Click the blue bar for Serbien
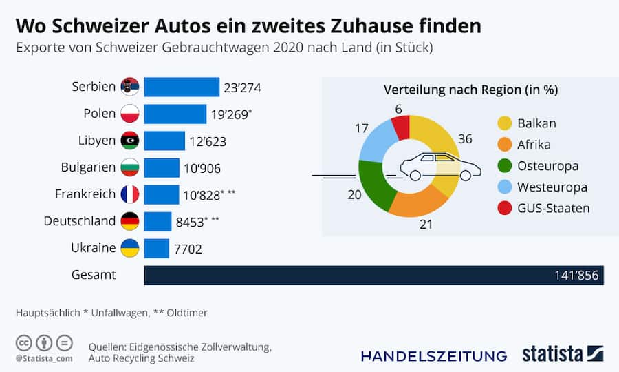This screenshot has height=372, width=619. [182, 87]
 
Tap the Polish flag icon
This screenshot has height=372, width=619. [130, 114]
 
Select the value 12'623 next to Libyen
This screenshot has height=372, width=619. [208, 141]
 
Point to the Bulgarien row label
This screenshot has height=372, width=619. [89, 167]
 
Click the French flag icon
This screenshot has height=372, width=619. [130, 194]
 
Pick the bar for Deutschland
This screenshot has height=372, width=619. [158, 221]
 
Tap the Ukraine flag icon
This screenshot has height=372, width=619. [130, 248]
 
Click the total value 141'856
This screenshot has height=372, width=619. [577, 276]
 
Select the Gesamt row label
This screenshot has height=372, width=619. [94, 275]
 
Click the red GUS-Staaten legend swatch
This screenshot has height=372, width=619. [505, 208]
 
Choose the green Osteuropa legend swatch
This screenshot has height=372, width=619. [505, 166]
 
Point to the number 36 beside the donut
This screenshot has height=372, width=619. [465, 139]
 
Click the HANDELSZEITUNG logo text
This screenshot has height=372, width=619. [433, 355]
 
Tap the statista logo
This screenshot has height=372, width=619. [562, 354]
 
